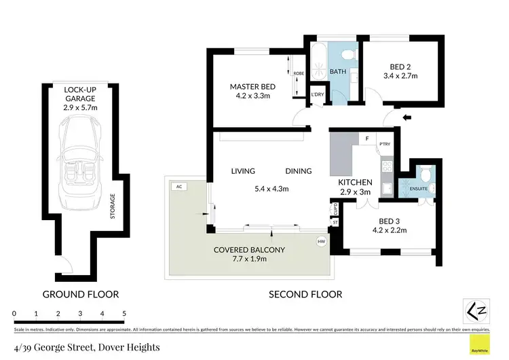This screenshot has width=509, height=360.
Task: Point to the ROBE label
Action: [299, 73]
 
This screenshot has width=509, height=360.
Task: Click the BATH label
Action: [338, 71]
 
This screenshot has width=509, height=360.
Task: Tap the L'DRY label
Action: [318, 94]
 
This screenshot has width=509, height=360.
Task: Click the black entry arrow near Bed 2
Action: [407, 118]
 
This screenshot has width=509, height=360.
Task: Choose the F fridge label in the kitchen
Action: [366, 139]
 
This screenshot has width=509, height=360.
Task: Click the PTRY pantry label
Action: [384, 143]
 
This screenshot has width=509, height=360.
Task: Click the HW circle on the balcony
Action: [321, 241]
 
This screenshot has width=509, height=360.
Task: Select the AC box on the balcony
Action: [178, 185]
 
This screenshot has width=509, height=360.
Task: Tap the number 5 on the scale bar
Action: [124, 313]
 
